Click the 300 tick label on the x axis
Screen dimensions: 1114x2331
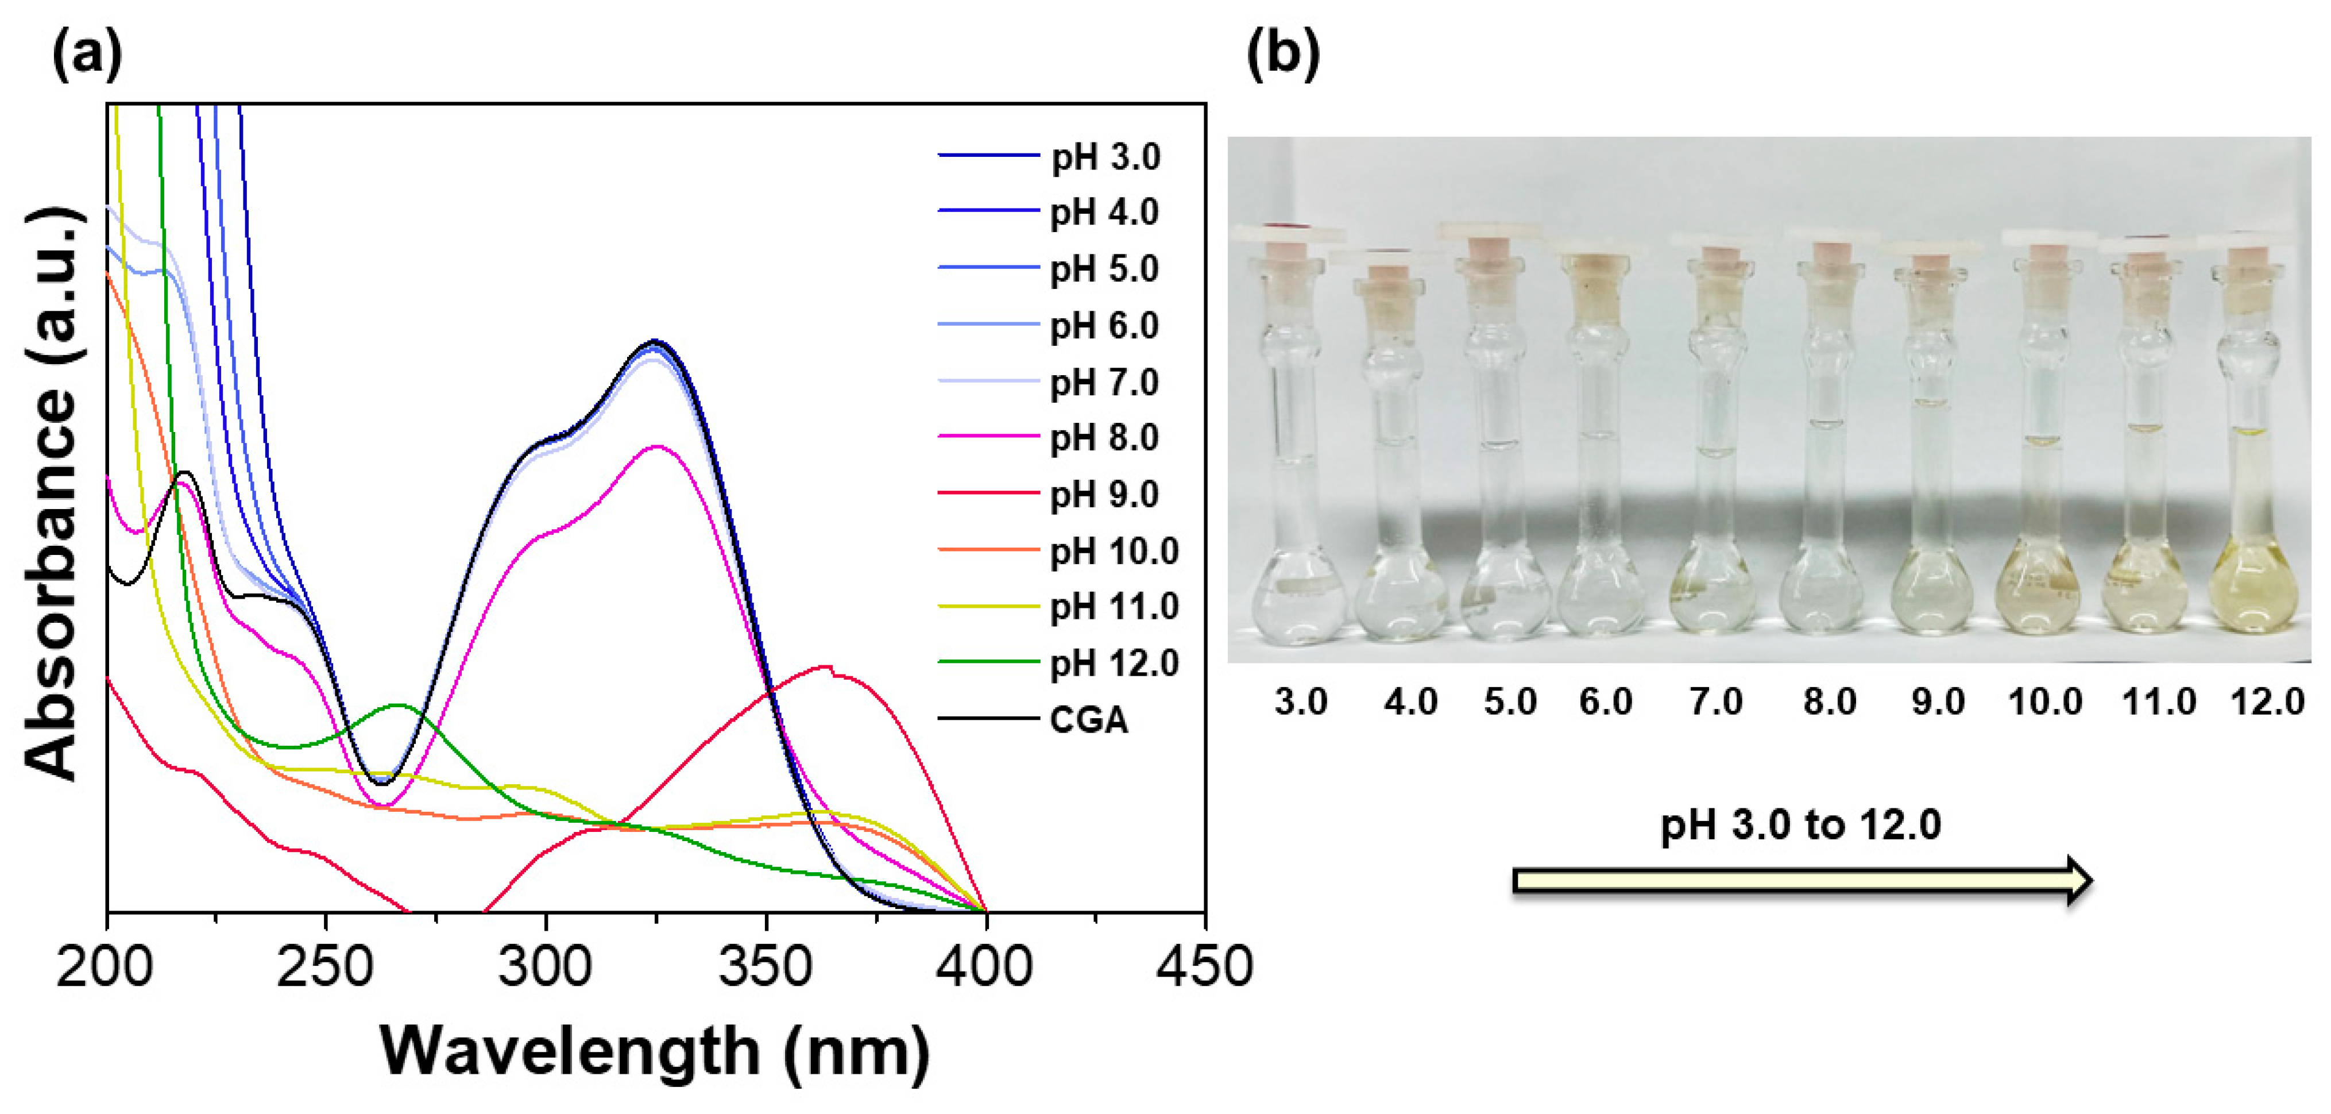click(x=546, y=966)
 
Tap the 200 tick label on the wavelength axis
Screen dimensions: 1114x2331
click(x=105, y=966)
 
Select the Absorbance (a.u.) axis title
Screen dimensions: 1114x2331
click(x=52, y=493)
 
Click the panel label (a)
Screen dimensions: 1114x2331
click(x=87, y=55)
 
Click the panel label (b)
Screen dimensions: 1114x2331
click(x=1282, y=55)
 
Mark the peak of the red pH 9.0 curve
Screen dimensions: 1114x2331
click(x=825, y=667)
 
